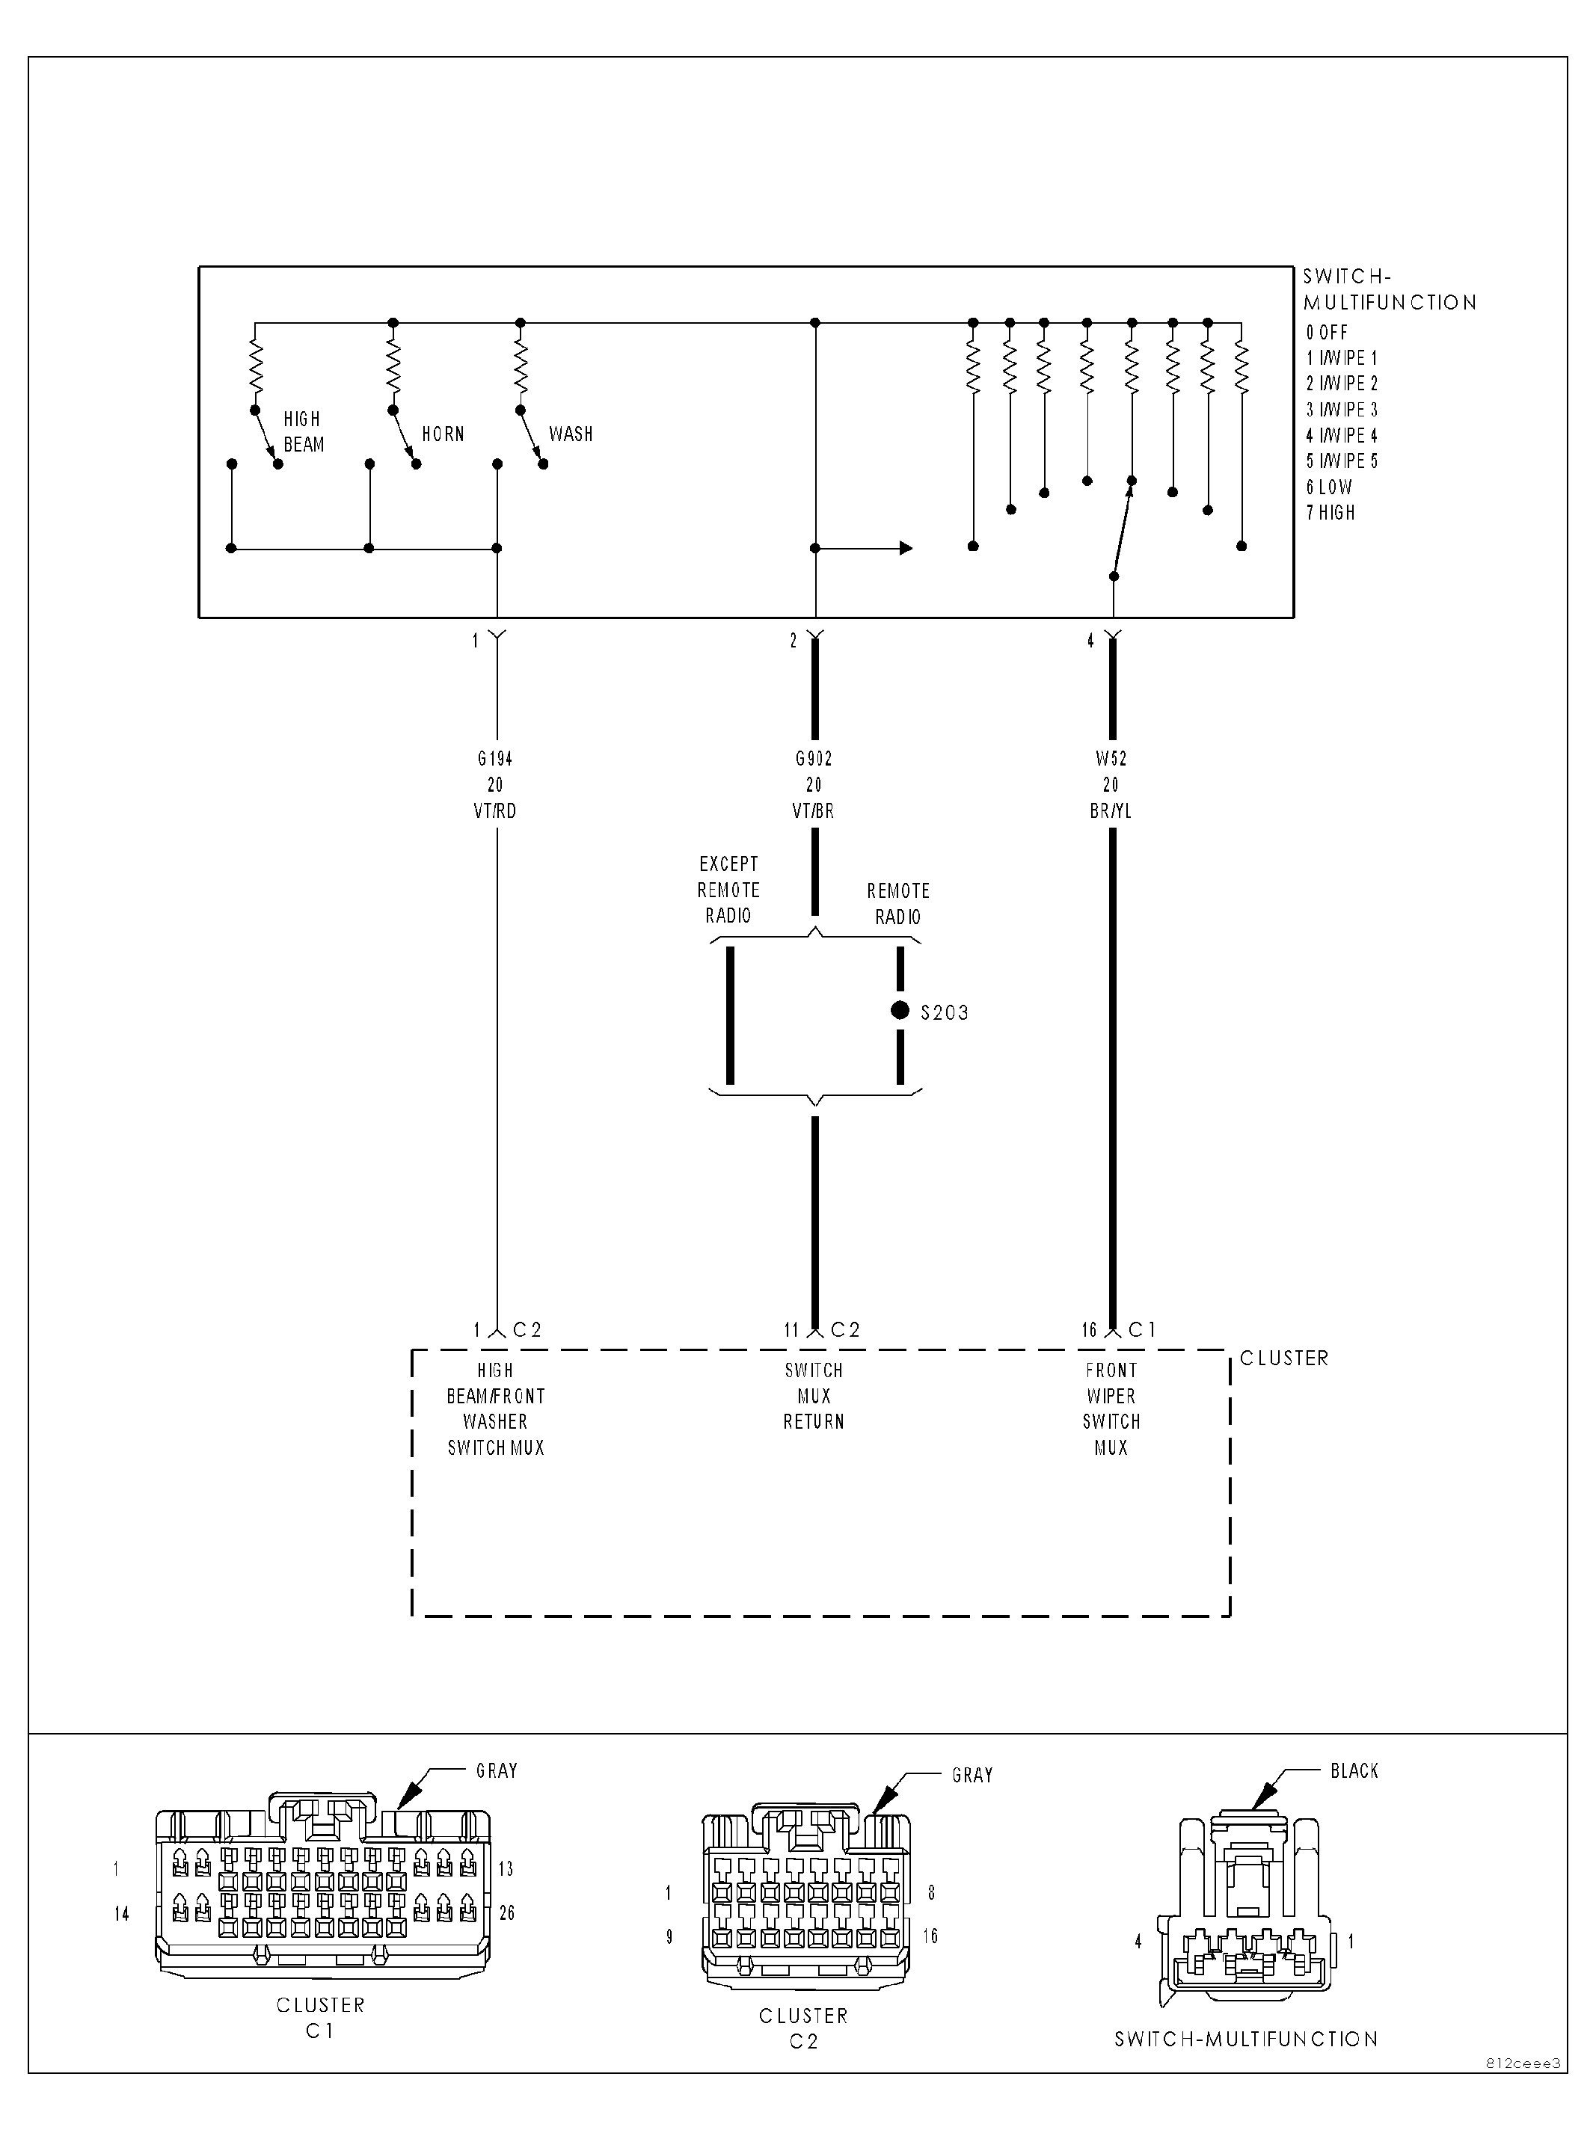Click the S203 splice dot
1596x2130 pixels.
pos(900,1010)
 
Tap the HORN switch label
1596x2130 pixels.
pos(443,434)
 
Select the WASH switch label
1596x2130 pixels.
pos(570,434)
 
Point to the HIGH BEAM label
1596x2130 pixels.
pos(304,432)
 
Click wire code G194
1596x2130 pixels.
pos(495,759)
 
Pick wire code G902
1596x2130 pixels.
pos(814,759)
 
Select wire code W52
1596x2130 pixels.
pos(1111,759)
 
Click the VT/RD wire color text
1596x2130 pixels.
pos(495,810)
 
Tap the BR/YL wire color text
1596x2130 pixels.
pos(1111,810)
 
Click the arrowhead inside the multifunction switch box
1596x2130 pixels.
pos(906,548)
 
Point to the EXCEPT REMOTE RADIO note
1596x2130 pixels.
pos(728,890)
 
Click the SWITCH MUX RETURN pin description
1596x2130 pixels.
pos(814,1395)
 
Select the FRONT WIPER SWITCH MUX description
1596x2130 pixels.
pos(1111,1408)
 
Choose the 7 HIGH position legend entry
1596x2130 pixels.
pos(1330,513)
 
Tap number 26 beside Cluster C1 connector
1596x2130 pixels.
pos(506,1913)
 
